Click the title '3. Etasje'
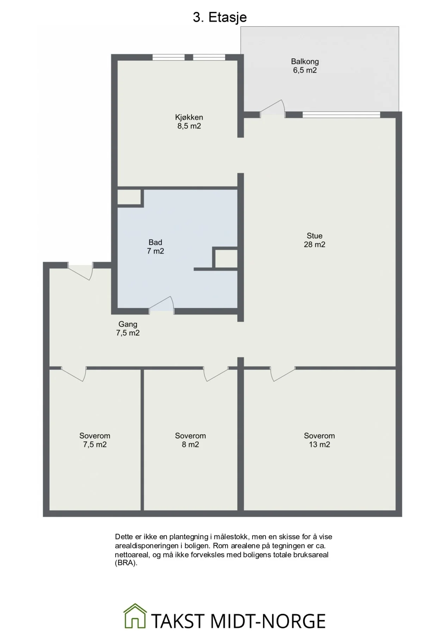220,17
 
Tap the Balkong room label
305,62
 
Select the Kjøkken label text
189,117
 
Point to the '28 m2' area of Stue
315,245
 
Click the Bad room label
155,242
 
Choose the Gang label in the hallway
128,324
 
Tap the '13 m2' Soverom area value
319,445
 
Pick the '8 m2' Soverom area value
190,445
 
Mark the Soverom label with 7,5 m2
95,436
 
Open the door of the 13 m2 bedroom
283,374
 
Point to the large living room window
341,115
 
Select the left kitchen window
168,57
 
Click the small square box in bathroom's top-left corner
129,197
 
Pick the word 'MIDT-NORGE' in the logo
268,621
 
